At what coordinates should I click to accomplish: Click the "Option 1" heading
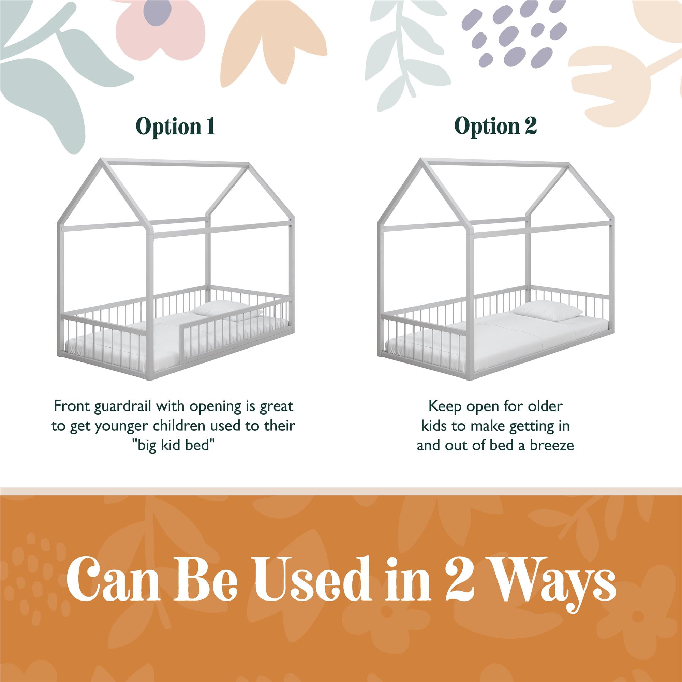coord(175,126)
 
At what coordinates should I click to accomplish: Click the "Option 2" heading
coord(495,126)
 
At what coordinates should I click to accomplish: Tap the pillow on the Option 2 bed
coord(547,311)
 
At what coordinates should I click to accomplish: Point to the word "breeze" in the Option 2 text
coord(552,445)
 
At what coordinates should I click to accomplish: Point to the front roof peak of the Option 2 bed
coord(422,160)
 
